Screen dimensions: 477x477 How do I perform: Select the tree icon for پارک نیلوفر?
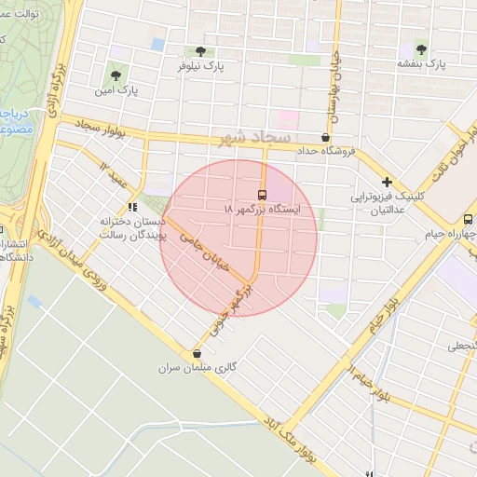200,51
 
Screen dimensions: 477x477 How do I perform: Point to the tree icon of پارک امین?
116,75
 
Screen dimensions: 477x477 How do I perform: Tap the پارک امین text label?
116,91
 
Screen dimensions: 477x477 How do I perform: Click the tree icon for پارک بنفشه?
422,48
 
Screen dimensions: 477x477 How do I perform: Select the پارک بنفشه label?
422,63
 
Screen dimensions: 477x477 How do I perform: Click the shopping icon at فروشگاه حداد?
324,137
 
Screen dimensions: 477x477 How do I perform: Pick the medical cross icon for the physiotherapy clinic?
387,183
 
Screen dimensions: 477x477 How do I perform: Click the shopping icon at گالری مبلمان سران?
197,354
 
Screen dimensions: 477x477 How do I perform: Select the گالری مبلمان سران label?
196,370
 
